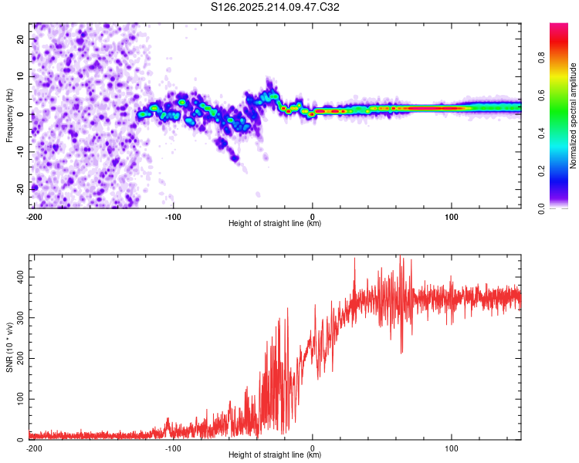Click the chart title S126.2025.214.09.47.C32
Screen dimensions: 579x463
coord(275,7)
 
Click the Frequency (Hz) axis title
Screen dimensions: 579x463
coord(9,116)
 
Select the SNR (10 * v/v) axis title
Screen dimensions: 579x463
coord(9,347)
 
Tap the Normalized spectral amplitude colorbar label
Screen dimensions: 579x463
coord(573,116)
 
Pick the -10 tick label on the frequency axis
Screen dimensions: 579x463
coord(21,152)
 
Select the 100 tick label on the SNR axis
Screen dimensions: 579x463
coord(21,399)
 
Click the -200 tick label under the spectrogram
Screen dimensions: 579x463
coord(34,217)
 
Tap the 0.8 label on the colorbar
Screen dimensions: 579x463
coord(541,58)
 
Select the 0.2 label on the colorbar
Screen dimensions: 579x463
coord(541,171)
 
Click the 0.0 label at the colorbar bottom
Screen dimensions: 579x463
coord(541,208)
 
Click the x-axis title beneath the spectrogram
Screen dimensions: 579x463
coord(275,223)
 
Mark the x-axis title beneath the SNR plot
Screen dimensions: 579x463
coord(275,455)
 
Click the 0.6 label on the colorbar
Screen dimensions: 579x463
coord(541,95)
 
